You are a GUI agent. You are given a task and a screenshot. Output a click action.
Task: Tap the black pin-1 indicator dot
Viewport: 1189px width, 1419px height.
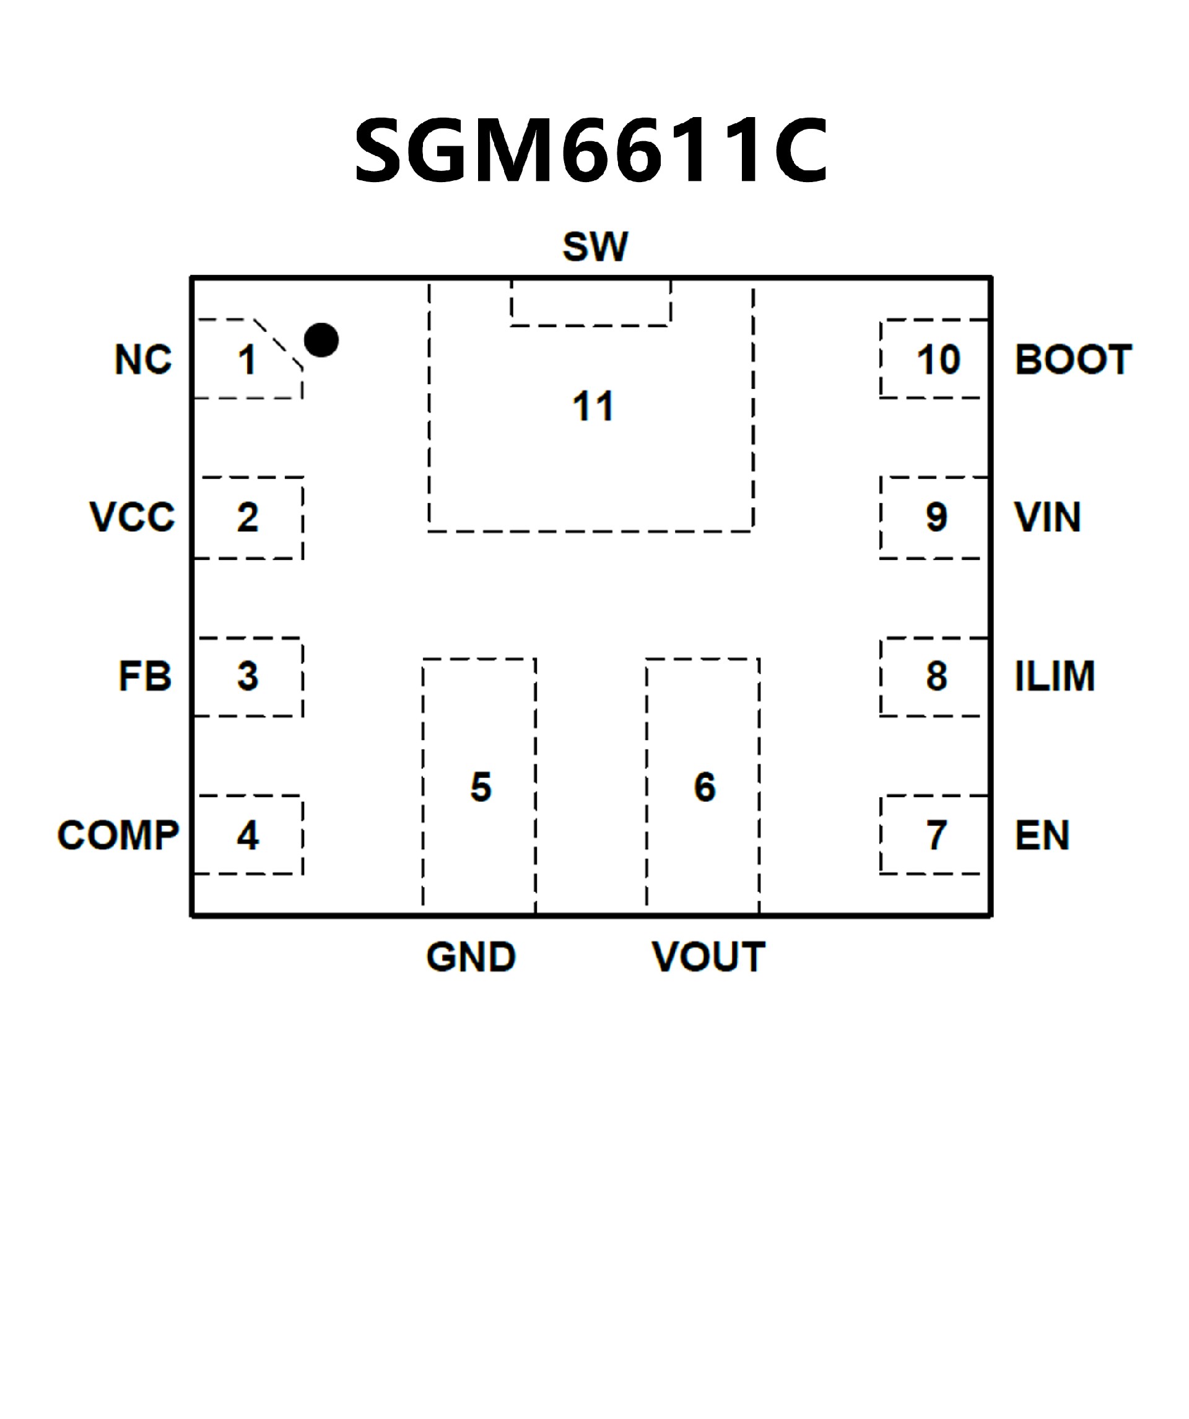pyautogui.click(x=321, y=340)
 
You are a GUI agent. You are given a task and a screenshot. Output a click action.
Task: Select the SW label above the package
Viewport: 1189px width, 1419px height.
pyautogui.click(x=595, y=247)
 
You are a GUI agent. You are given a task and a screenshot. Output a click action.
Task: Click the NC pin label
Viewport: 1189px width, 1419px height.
pyautogui.click(x=143, y=359)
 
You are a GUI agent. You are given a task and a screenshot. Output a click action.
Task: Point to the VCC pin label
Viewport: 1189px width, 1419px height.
pyautogui.click(x=133, y=518)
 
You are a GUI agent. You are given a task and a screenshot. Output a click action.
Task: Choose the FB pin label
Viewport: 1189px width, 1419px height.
pyautogui.click(x=146, y=676)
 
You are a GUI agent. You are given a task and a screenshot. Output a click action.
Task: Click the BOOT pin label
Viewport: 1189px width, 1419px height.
pyautogui.click(x=1073, y=359)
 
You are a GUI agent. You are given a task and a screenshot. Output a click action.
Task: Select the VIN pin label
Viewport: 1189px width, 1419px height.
pyautogui.click(x=1047, y=518)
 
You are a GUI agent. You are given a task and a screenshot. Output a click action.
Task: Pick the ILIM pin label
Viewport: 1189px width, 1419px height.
pyautogui.click(x=1055, y=676)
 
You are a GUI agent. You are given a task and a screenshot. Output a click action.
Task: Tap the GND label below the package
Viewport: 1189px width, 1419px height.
pyautogui.click(x=471, y=957)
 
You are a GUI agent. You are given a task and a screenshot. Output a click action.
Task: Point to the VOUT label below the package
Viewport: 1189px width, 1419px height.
pyautogui.click(x=708, y=957)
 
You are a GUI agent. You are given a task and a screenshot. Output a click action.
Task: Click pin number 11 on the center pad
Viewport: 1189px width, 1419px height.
pyautogui.click(x=593, y=407)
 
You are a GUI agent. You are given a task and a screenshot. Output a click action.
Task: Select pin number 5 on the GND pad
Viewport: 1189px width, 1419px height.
pyautogui.click(x=481, y=787)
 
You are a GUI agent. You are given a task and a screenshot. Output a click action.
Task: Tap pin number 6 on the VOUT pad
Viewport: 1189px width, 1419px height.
pyautogui.click(x=705, y=787)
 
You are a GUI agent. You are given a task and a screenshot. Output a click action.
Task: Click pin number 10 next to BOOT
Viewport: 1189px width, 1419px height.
pyautogui.click(x=938, y=359)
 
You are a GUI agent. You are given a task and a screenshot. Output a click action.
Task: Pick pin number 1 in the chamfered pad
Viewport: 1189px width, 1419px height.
pyautogui.click(x=247, y=360)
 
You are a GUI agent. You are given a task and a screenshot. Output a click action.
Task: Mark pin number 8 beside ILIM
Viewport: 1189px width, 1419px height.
pyautogui.click(x=936, y=676)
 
